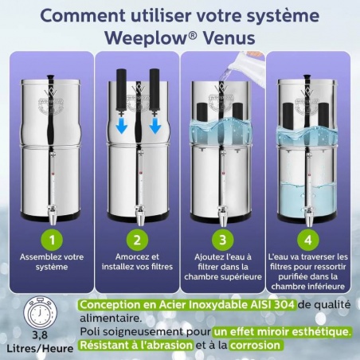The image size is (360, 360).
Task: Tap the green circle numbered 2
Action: pyautogui.click(x=135, y=238)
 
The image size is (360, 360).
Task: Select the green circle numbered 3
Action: pyautogui.click(x=224, y=238)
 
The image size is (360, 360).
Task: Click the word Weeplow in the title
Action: pyautogui.click(x=147, y=37)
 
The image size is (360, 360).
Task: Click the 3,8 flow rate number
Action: pyautogui.click(x=41, y=335)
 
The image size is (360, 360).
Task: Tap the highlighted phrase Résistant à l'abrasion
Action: pyautogui.click(x=135, y=345)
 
